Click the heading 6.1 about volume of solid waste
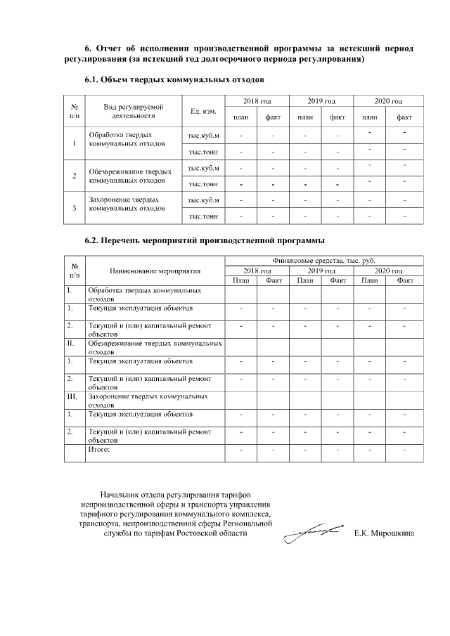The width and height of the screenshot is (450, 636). click(x=174, y=81)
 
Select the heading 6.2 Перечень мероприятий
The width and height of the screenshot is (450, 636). click(x=201, y=240)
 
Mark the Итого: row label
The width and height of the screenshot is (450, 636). click(x=99, y=448)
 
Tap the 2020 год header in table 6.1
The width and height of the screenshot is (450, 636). click(x=388, y=102)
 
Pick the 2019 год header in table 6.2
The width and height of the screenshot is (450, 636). click(x=321, y=271)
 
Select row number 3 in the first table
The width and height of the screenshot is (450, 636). click(x=75, y=208)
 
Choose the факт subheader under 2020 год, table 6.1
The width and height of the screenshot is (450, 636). click(x=405, y=117)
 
